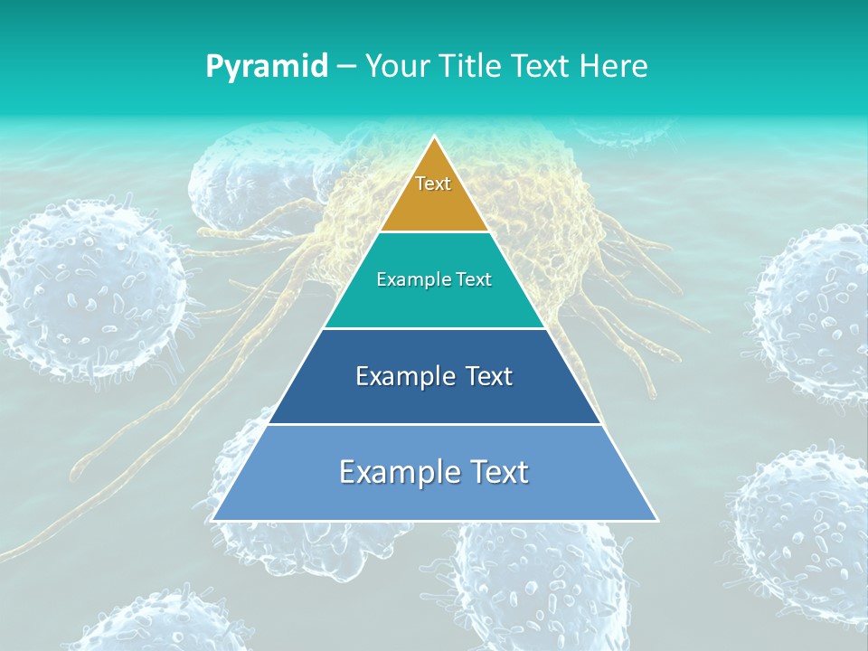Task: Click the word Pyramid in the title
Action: [x=267, y=67]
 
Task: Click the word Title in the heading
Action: [x=471, y=66]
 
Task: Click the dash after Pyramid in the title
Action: [x=345, y=67]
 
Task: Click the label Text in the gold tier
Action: [x=433, y=184]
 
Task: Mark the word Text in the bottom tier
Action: [x=500, y=472]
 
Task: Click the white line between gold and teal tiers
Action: [x=434, y=232]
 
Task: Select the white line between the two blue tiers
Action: [x=434, y=424]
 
